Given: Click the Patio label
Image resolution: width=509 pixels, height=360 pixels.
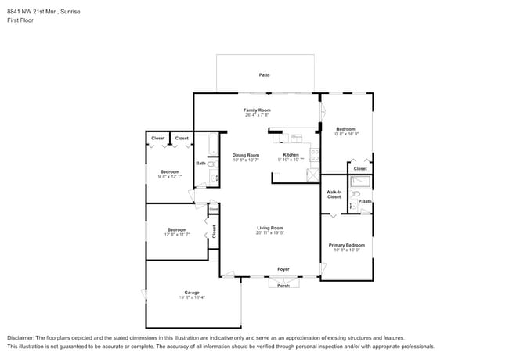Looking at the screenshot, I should [265, 74].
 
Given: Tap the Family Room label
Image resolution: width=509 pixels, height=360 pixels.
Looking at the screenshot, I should [257, 110].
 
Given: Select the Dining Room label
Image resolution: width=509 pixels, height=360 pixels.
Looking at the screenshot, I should [245, 155].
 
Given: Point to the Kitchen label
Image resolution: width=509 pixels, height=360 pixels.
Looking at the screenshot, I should [291, 155].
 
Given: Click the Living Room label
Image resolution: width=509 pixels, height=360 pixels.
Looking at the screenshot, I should [270, 228].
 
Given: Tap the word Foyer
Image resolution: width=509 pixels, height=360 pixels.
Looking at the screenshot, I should [283, 269].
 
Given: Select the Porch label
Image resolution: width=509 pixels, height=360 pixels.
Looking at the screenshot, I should [283, 285].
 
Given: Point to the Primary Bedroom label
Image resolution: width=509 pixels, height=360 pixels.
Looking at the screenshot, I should [345, 245].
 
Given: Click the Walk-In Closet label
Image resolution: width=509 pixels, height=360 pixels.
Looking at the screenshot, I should [334, 194].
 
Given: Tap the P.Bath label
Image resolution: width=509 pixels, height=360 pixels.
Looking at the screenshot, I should [365, 202].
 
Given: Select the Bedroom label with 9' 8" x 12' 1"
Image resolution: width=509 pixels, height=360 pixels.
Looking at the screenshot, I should [170, 171].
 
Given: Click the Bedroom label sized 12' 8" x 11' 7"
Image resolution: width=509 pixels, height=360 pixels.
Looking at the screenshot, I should [176, 229].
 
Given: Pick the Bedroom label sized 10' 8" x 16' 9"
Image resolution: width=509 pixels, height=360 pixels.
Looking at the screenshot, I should [345, 129].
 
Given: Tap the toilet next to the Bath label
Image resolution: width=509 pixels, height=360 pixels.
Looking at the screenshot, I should [211, 164].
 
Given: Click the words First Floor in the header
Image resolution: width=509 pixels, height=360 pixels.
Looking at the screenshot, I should [21, 20].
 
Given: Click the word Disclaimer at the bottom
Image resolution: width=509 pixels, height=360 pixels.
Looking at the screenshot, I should [21, 337].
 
